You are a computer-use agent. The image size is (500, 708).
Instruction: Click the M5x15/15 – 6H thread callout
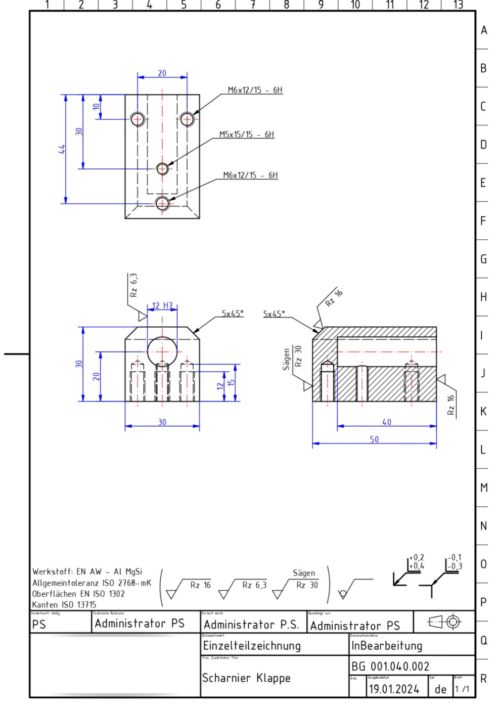pyautogui.click(x=246, y=135)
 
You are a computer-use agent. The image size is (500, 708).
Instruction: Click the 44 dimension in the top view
pyautogui.click(x=62, y=149)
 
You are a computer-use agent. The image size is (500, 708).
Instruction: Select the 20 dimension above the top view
pyautogui.click(x=162, y=73)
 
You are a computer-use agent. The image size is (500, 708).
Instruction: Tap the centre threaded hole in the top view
pyautogui.click(x=162, y=168)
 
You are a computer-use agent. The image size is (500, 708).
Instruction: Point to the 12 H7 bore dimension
pyautogui.click(x=162, y=305)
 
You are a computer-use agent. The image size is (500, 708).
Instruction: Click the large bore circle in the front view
pyautogui.click(x=162, y=351)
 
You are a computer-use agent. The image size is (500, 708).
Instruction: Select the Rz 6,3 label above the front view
pyautogui.click(x=133, y=285)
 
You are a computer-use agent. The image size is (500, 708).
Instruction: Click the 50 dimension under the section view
pyautogui.click(x=374, y=439)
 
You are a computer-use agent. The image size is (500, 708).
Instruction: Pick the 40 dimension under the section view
pyautogui.click(x=387, y=422)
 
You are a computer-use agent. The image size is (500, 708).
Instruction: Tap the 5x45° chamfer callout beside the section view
pyautogui.click(x=274, y=314)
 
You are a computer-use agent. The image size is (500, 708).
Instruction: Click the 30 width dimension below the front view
pyautogui.click(x=162, y=422)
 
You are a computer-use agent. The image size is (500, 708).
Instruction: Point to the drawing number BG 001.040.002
pyautogui.click(x=390, y=667)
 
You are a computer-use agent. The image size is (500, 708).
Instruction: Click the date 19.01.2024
pyautogui.click(x=394, y=689)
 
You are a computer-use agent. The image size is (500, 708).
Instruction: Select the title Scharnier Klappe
pyautogui.click(x=246, y=678)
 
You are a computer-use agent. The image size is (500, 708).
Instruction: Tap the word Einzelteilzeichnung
pyautogui.click(x=252, y=646)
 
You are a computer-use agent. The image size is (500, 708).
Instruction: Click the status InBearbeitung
pyautogui.click(x=387, y=646)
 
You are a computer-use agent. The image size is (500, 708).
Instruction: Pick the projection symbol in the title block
pyautogui.click(x=444, y=622)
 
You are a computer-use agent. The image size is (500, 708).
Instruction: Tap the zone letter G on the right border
pyautogui.click(x=483, y=259)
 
